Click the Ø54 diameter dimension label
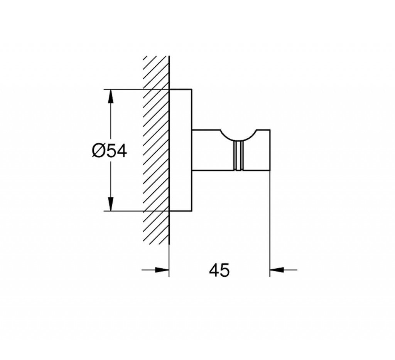tap(109, 151)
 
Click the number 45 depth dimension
tap(219, 270)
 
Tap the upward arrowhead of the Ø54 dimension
tap(110, 96)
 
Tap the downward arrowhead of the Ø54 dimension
tap(110, 204)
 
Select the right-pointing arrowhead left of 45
tap(162, 270)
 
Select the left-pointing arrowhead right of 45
tap(277, 270)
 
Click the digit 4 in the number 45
tap(214, 270)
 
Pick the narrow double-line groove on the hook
tap(238, 155)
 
